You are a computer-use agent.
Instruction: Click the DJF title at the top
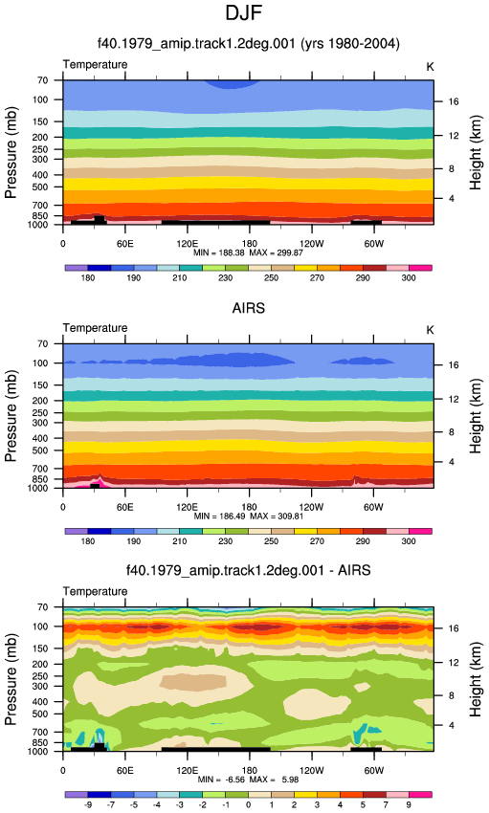coord(244,13)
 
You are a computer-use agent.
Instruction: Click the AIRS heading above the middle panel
coord(249,308)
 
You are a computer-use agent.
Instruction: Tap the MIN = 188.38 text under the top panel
coord(219,253)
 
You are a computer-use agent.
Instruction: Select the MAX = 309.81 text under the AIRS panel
coord(277,516)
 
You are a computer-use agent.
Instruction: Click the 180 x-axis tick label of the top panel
coord(249,244)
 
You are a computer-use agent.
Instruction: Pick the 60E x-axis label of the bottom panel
coord(125,771)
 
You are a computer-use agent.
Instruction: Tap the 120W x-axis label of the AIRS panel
coord(311,507)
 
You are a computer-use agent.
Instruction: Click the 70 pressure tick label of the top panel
coord(42,80)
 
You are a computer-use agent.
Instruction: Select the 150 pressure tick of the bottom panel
coord(40,648)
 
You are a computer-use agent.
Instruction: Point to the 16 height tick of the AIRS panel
coord(454,365)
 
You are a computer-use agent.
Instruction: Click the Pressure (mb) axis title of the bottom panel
coord(11,679)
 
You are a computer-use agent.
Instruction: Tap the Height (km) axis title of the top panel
coord(476,152)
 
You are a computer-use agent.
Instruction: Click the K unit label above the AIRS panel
coord(430,330)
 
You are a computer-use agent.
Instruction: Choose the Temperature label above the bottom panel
coord(95,592)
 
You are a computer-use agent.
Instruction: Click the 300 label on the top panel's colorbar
coord(409,278)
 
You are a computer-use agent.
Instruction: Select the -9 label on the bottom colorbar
coord(88,804)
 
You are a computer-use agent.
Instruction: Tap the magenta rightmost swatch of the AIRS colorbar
coord(420,532)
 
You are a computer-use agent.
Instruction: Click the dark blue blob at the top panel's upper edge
coord(231,84)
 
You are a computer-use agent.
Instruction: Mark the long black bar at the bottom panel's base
coord(215,749)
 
